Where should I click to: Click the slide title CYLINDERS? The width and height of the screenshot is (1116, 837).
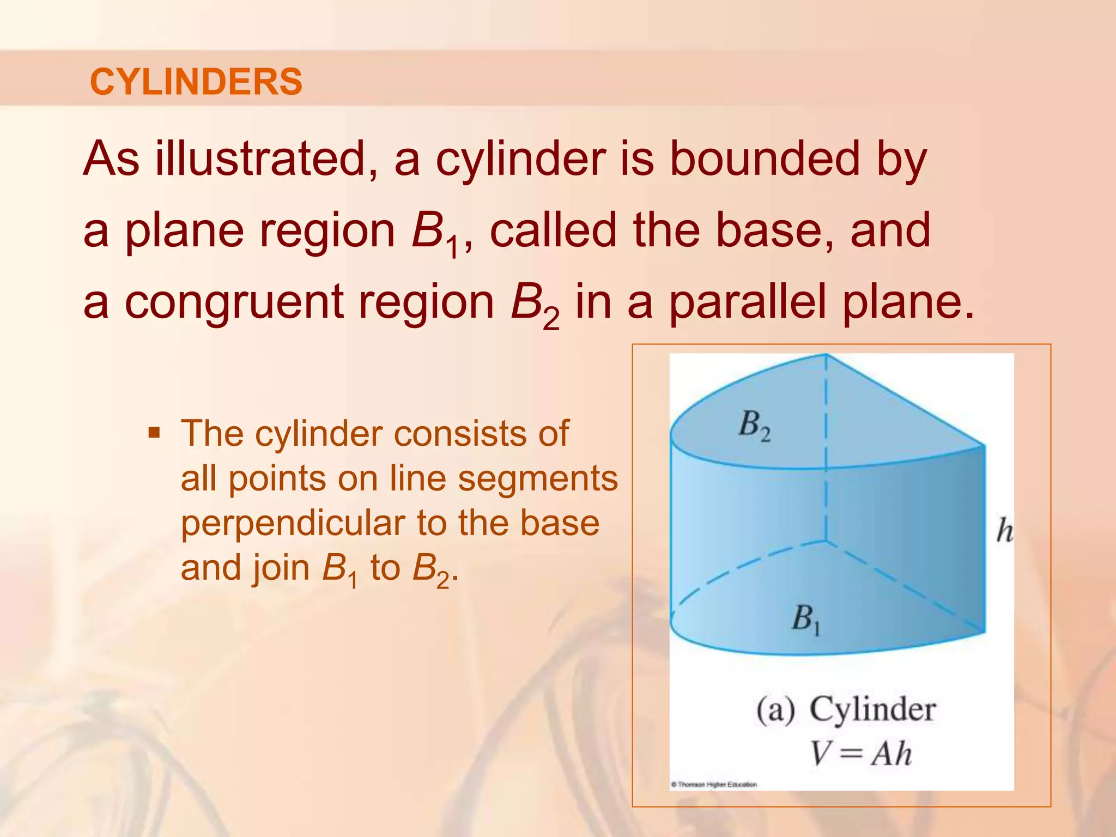196,82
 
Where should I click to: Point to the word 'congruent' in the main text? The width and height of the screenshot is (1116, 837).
234,303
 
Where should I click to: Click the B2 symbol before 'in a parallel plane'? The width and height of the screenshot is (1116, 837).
535,305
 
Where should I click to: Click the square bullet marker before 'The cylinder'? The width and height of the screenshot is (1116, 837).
154,434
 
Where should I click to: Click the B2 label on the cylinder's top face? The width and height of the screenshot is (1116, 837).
754,425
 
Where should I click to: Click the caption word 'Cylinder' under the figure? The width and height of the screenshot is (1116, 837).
872,709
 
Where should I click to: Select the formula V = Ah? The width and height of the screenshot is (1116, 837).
860,754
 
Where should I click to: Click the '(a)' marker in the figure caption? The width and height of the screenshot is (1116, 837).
775,711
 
